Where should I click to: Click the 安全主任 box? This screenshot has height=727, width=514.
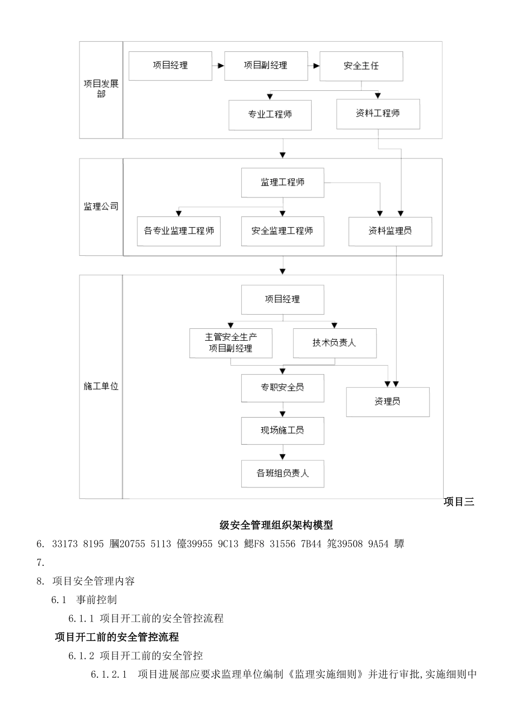(x=361, y=66)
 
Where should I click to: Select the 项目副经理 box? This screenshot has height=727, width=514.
(x=266, y=66)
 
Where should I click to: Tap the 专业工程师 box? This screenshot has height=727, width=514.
(x=270, y=115)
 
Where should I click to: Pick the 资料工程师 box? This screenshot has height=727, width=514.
(x=378, y=114)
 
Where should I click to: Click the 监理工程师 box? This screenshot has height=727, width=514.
(x=282, y=183)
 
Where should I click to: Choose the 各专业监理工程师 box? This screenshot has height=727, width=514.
(x=179, y=231)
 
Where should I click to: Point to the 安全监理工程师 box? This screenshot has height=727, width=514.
(x=282, y=231)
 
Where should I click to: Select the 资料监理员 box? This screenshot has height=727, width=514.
(x=390, y=231)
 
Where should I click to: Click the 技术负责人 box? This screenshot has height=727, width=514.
(x=334, y=343)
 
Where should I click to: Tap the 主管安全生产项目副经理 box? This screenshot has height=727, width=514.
(x=230, y=343)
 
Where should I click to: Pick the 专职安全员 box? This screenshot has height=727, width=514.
(x=282, y=387)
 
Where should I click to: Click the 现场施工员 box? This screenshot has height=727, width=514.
(x=282, y=431)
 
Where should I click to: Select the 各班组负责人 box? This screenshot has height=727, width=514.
(x=282, y=473)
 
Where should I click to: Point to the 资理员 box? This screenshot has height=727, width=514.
(x=387, y=402)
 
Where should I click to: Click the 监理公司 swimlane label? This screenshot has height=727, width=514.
(x=101, y=207)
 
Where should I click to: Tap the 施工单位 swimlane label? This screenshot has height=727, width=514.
(x=101, y=387)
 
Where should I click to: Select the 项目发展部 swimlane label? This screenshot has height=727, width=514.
(x=101, y=89)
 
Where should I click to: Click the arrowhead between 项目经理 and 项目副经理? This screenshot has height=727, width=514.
(x=221, y=66)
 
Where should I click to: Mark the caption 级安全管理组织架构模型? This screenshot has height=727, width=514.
(x=276, y=525)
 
